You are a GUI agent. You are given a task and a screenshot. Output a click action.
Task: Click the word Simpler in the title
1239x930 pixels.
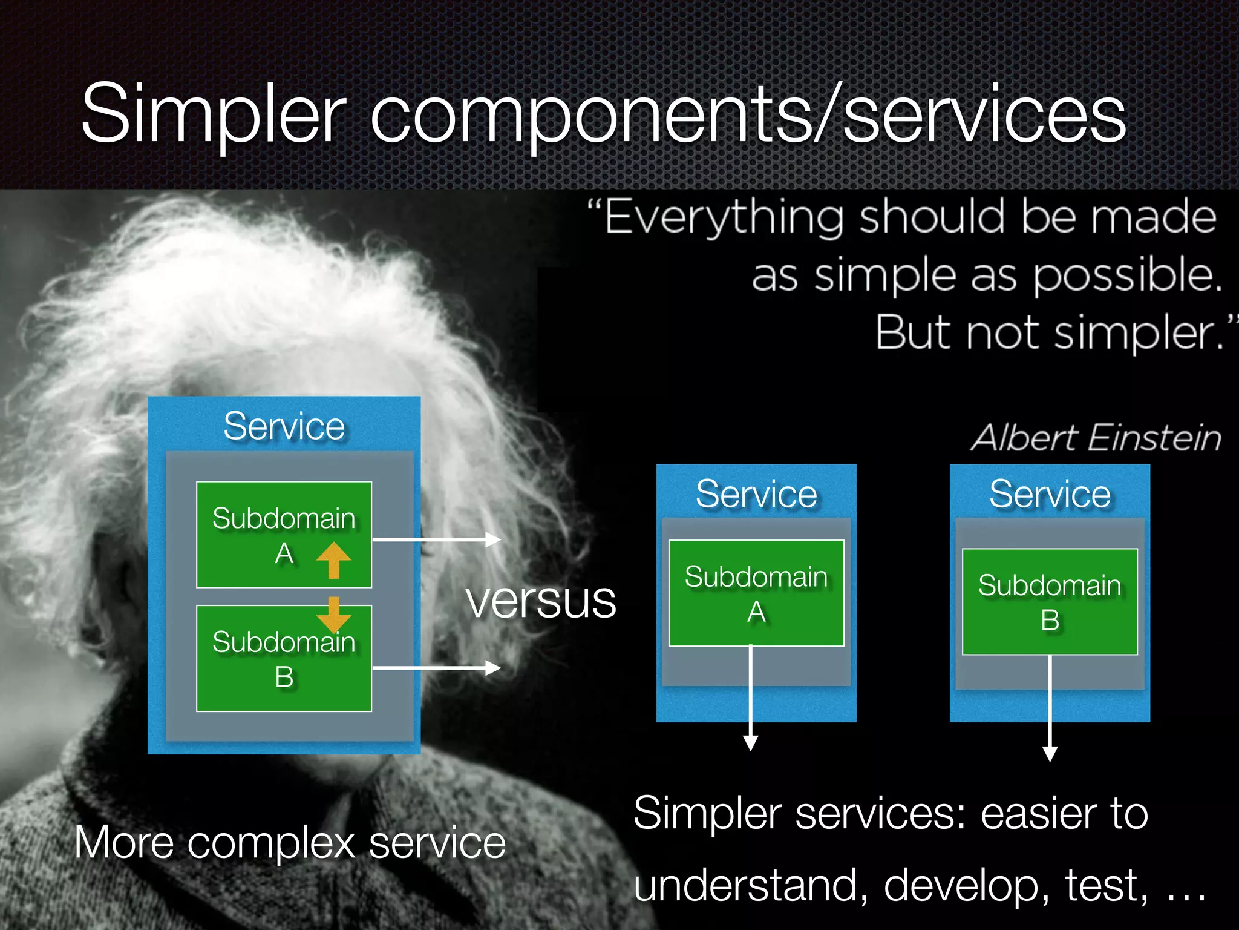[213, 115]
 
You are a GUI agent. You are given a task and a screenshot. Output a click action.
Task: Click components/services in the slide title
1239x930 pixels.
[747, 115]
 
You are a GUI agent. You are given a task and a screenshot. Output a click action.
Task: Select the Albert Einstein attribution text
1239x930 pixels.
[1096, 438]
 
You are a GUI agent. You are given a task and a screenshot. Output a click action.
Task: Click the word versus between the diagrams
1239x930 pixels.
[541, 601]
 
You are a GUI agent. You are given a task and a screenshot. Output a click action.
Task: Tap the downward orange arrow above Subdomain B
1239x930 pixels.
[333, 615]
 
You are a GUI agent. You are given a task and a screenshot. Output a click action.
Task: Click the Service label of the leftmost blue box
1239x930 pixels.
[284, 426]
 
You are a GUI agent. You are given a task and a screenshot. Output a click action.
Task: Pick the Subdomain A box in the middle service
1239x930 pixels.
[756, 593]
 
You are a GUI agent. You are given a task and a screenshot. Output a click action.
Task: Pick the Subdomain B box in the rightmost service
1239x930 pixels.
[1050, 602]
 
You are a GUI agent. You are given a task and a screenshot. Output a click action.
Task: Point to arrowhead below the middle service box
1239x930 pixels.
[751, 743]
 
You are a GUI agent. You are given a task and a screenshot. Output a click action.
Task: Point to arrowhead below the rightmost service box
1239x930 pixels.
[1050, 753]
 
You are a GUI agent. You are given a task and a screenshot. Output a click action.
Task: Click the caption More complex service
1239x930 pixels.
[290, 842]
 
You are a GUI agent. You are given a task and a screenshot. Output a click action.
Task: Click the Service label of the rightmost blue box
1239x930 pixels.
[1050, 494]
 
